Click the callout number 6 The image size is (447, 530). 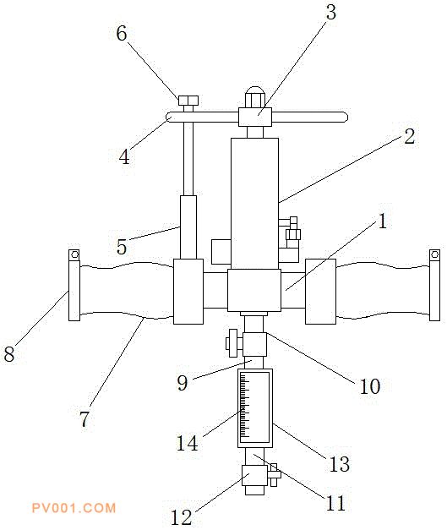pyautogui.click(x=122, y=34)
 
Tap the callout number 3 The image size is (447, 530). pyautogui.click(x=331, y=12)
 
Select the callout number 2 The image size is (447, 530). pyautogui.click(x=410, y=137)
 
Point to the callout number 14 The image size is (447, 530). pyautogui.click(x=188, y=443)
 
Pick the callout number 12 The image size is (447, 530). pyautogui.click(x=182, y=516)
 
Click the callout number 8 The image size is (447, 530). pyautogui.click(x=9, y=354)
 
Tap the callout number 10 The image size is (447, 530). pyautogui.click(x=370, y=386)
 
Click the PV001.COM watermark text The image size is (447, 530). pyautogui.click(x=74, y=508)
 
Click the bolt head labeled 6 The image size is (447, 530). pyautogui.click(x=188, y=101)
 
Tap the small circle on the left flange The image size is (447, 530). pyautogui.click(x=74, y=254)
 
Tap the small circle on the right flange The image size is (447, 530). pyautogui.click(x=435, y=254)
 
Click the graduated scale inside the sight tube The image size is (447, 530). pyautogui.click(x=244, y=407)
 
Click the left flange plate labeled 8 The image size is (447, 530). pyautogui.click(x=74, y=291)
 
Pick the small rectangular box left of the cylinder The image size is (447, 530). pyautogui.click(x=221, y=252)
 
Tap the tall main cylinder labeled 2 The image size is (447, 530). pyautogui.click(x=254, y=204)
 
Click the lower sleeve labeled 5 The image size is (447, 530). pyautogui.click(x=188, y=227)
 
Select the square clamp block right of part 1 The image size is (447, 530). pyautogui.click(x=320, y=292)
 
